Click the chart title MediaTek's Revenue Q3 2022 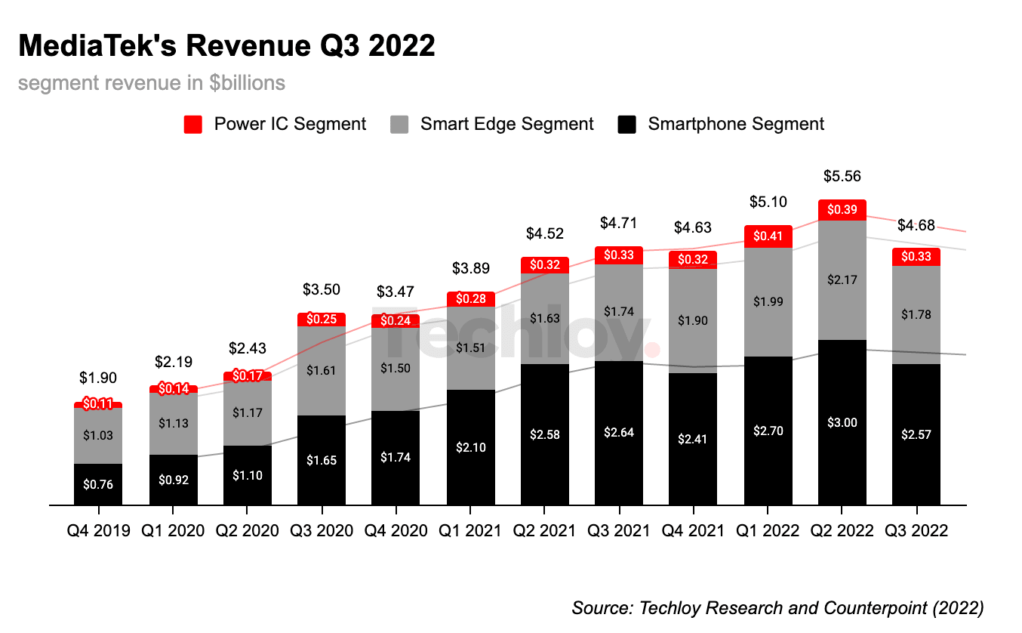point(226,46)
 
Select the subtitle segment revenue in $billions point(152,82)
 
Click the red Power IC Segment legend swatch point(193,125)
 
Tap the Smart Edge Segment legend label point(506,124)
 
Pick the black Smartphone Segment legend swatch point(627,125)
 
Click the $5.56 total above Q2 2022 point(842,176)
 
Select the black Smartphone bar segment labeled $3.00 point(842,422)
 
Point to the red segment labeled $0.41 point(768,236)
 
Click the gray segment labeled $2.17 point(842,279)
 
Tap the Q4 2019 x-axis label point(98,531)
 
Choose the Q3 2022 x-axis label point(916,531)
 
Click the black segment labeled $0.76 point(98,484)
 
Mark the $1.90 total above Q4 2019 point(98,378)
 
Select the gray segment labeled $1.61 point(321,370)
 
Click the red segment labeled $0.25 point(321,320)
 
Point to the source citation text point(777,607)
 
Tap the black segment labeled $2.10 point(470,447)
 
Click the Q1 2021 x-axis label point(470,531)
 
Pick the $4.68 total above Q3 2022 point(916,225)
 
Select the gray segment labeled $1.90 point(693,320)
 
